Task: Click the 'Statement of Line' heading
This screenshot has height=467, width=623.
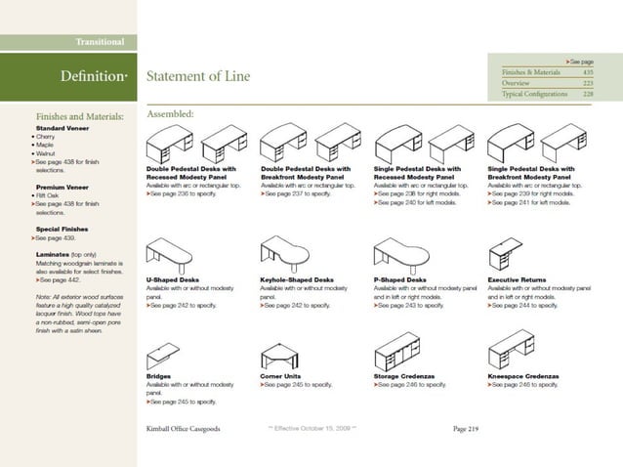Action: click(x=197, y=76)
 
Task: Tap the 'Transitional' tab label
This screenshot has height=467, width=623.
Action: click(x=101, y=42)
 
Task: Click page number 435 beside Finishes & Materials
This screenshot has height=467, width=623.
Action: click(x=587, y=72)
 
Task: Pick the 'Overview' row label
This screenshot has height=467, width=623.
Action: click(x=516, y=83)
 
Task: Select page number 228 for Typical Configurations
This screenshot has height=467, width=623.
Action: click(x=587, y=94)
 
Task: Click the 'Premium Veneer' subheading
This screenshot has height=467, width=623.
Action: click(x=63, y=186)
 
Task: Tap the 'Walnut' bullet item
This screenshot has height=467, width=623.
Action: click(x=46, y=153)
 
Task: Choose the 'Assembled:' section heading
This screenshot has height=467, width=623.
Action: click(x=171, y=114)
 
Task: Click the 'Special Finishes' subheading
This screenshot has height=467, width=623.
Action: click(x=64, y=228)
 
